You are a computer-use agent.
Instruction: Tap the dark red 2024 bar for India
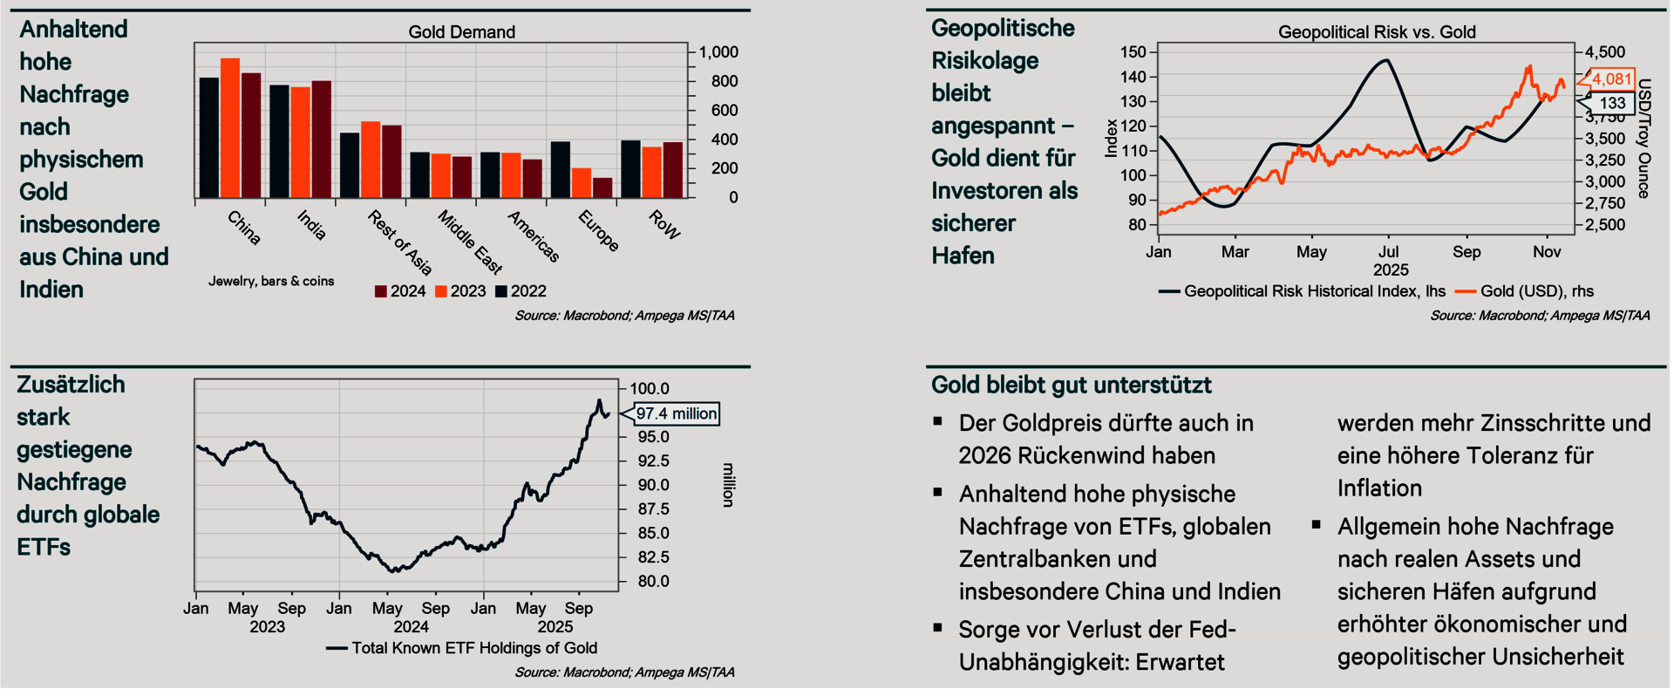(x=321, y=139)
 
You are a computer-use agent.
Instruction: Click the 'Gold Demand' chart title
(x=461, y=32)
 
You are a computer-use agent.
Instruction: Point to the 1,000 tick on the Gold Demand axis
(x=718, y=52)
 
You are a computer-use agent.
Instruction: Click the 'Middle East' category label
(x=470, y=242)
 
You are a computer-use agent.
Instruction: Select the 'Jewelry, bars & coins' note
(x=271, y=281)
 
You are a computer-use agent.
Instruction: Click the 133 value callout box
(x=1612, y=103)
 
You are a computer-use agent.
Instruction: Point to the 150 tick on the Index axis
(x=1133, y=52)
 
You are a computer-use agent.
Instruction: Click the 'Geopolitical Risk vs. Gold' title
(x=1377, y=32)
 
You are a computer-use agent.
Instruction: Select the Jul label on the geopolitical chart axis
(x=1389, y=252)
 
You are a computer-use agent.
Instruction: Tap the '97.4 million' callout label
(x=677, y=413)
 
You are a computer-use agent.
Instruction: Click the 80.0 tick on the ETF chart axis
(x=653, y=581)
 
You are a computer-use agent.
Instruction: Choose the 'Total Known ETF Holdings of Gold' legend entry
(x=473, y=648)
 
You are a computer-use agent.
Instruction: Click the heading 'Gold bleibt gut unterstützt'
(x=1071, y=385)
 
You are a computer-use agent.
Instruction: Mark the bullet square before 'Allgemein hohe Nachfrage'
(x=1317, y=525)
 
